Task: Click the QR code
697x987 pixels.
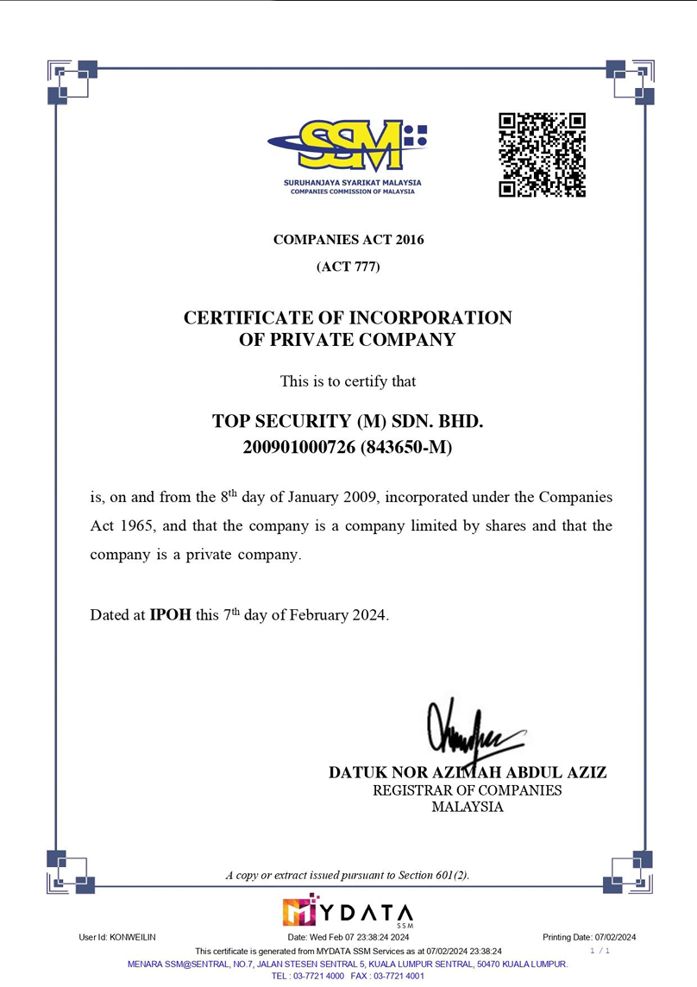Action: point(542,155)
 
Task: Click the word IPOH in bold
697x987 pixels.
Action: point(170,615)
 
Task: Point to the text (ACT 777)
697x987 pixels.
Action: point(348,267)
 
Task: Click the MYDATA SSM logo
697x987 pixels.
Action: point(348,912)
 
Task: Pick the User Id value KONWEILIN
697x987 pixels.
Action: point(133,937)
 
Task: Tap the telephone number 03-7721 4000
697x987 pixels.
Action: point(320,976)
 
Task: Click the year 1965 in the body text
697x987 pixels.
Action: point(140,525)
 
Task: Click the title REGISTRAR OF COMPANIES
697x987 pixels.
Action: point(467,790)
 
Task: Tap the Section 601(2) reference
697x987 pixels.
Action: point(433,875)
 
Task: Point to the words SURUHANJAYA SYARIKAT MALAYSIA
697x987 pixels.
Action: point(352,183)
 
